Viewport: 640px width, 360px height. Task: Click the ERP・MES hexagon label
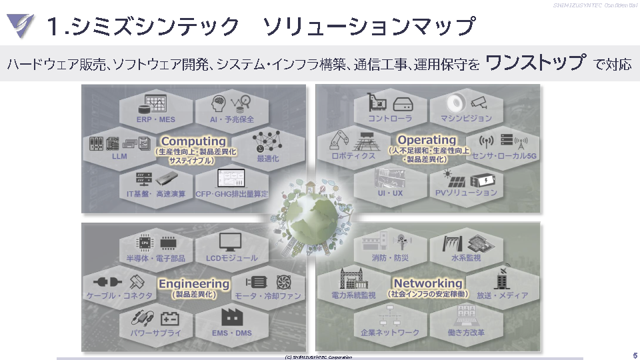(x=156, y=119)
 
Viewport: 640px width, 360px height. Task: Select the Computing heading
(x=193, y=141)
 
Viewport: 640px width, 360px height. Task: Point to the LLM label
(x=119, y=157)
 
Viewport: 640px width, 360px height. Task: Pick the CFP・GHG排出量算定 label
(x=231, y=194)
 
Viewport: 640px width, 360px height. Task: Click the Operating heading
(x=427, y=140)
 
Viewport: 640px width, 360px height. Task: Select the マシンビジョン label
(x=466, y=119)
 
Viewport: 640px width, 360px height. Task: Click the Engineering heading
(x=194, y=283)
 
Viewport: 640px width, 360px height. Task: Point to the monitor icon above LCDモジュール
(x=231, y=242)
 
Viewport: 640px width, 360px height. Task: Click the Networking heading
(x=427, y=283)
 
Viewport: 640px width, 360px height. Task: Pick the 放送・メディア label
(x=502, y=295)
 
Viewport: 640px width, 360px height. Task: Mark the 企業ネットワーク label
(x=390, y=332)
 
